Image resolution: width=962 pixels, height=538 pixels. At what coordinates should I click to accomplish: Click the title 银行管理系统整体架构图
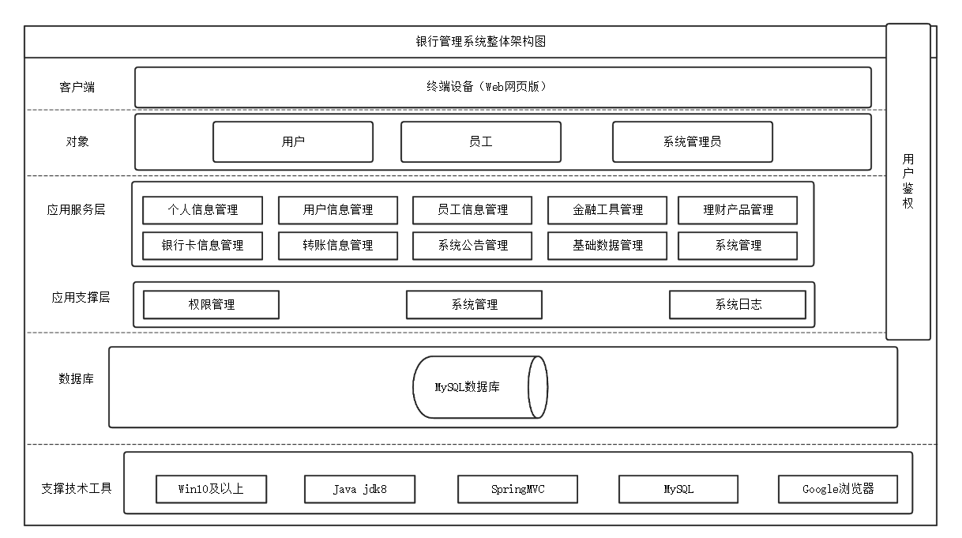480,42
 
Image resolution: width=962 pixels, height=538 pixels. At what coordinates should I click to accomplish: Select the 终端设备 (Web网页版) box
502,87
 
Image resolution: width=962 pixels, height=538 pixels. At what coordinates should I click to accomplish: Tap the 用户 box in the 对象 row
293,141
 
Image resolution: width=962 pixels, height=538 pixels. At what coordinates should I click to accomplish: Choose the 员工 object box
481,141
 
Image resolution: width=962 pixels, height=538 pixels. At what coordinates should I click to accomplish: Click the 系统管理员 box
693,141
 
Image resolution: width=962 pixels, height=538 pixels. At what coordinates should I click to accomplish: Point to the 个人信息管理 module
203,210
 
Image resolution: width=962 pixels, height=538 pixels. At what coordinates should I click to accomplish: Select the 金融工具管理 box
607,210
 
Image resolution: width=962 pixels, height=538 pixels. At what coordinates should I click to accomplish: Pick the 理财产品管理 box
738,210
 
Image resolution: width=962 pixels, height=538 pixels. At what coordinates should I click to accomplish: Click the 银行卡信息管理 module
203,246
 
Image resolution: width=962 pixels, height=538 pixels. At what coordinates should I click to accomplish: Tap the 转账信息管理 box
338,246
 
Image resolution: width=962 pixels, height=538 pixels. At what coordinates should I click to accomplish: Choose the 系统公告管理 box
472,246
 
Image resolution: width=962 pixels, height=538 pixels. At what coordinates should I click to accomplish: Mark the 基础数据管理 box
607,246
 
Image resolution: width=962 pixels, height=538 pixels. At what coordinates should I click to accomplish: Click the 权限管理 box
211,304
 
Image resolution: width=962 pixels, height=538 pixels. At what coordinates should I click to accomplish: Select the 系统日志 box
738,304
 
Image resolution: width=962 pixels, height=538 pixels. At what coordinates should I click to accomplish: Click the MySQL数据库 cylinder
479,387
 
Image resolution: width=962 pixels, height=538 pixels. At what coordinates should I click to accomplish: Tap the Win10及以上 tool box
211,489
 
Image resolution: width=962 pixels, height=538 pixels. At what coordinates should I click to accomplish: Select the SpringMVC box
517,489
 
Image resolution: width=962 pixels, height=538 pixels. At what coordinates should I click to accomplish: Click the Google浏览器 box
838,489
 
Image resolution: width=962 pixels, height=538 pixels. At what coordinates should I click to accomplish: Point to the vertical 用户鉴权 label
908,182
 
